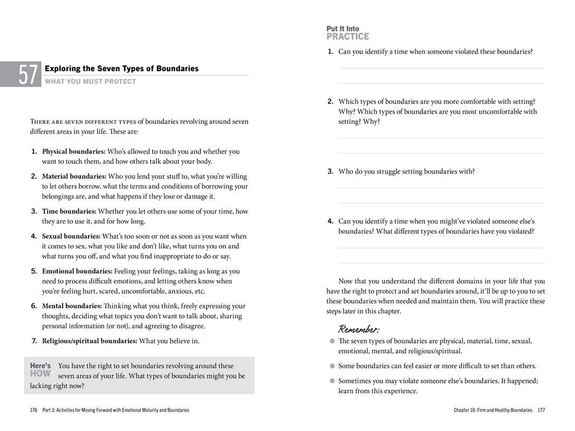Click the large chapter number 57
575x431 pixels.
[x=29, y=74]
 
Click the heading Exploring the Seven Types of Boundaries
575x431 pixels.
[x=121, y=68]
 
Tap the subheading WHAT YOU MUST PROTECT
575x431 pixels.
[x=90, y=82]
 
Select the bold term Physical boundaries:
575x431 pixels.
[x=73, y=151]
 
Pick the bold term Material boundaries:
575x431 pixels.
[x=74, y=176]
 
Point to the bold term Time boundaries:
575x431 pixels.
[x=69, y=211]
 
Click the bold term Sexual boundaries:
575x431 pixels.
[x=71, y=236]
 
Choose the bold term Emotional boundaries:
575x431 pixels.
[x=77, y=271]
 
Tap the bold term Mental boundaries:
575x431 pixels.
[x=72, y=306]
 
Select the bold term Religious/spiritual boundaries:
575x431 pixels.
[x=90, y=341]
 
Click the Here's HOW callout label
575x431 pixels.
[x=40, y=370]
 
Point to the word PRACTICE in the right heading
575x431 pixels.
[x=347, y=37]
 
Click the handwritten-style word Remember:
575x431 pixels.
[x=358, y=329]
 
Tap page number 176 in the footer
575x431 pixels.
[x=33, y=411]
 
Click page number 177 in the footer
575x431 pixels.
[x=541, y=411]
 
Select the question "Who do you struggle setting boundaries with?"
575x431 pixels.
[x=406, y=171]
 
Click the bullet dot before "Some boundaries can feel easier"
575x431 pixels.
[x=332, y=366]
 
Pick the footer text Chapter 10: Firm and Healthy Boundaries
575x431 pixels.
[x=492, y=411]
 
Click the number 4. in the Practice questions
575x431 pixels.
[x=330, y=221]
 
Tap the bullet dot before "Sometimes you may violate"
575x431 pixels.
[x=332, y=381]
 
